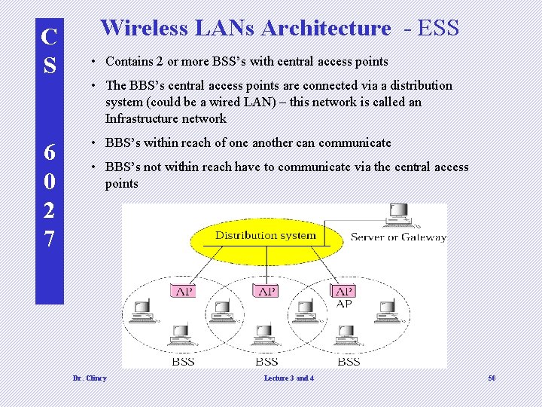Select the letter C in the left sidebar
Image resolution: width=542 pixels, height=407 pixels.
coord(50,37)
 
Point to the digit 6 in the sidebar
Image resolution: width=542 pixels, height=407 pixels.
coord(50,152)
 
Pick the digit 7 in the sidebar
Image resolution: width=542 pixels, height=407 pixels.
coord(50,240)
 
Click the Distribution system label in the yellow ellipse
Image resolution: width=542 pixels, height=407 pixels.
coord(265,235)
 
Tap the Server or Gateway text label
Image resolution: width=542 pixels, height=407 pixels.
coord(398,237)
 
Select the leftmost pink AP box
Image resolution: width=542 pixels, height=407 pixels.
coord(183,291)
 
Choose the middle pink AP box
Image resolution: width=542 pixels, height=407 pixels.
coord(266,291)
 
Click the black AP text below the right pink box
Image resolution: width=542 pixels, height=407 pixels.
coord(344,304)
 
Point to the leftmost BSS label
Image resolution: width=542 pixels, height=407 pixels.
coord(183,362)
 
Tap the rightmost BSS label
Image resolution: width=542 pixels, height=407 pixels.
coord(348,362)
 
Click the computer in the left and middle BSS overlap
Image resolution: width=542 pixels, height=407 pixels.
coord(221,308)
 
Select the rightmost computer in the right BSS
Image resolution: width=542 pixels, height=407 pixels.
coord(387,308)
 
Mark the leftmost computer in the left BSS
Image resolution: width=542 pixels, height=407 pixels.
coord(142,308)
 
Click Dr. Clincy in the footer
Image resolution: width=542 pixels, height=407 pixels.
coord(90,378)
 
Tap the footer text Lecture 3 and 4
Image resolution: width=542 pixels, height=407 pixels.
coord(289,378)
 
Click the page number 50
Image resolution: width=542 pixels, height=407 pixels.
coord(491,378)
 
